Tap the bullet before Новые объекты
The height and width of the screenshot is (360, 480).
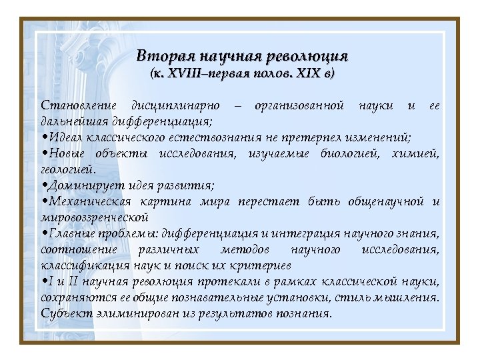44,155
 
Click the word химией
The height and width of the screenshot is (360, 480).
416,154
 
